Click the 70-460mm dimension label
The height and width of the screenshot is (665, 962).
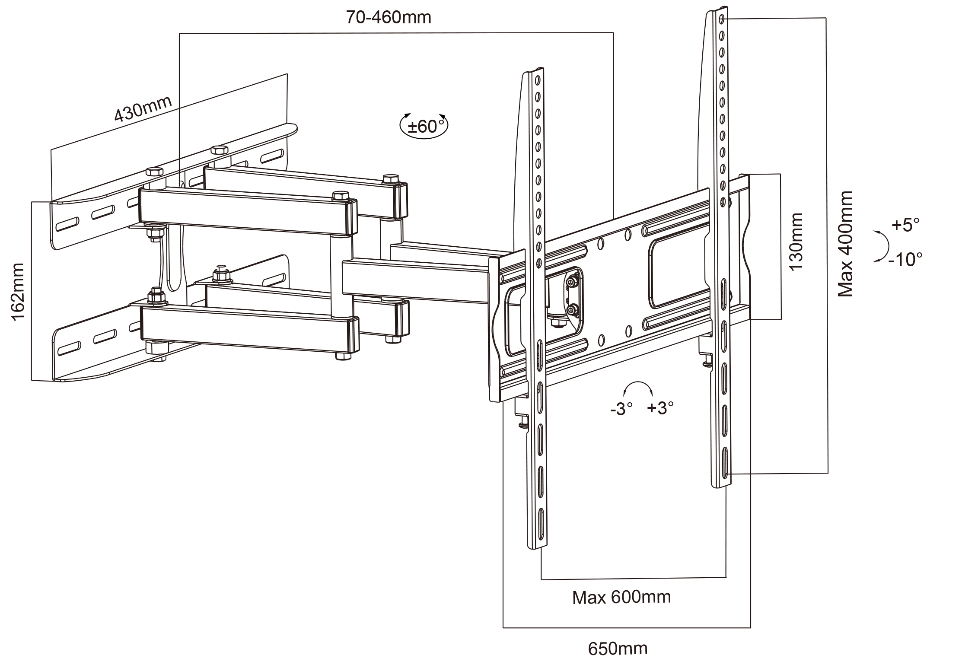[x=388, y=18]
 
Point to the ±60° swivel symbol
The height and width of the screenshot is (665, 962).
[x=424, y=126]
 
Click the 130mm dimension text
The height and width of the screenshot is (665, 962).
[x=795, y=242]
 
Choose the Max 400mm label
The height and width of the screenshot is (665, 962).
[x=845, y=244]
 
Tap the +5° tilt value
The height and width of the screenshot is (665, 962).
[x=905, y=225]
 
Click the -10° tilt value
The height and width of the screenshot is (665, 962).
[x=905, y=260]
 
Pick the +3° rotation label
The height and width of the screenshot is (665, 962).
[x=660, y=407]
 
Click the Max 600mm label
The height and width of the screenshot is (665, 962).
[x=621, y=598]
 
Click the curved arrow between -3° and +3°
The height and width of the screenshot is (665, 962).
[x=638, y=387]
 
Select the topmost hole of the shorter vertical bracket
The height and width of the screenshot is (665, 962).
[x=538, y=80]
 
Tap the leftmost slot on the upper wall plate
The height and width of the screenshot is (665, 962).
[x=68, y=225]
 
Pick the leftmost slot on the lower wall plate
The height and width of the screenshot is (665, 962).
[x=69, y=348]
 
